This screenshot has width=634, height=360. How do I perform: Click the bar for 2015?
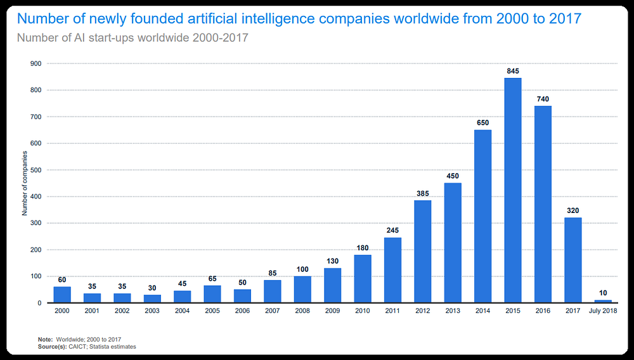pos(513,190)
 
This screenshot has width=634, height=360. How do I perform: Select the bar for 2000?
pos(62,295)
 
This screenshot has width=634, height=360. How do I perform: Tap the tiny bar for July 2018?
pos(603,302)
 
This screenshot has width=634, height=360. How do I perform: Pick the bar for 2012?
pos(422,252)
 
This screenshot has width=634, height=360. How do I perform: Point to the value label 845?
pos(513,71)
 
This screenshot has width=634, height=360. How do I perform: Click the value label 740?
pos(543,99)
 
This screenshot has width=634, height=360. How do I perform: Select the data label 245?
pos(392,230)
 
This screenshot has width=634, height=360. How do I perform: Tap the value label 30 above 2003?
pos(152,288)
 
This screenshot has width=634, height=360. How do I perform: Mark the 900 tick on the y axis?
pos(36,63)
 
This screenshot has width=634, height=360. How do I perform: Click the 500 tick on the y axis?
pos(36,170)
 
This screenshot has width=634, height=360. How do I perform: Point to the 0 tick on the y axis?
pos(39,303)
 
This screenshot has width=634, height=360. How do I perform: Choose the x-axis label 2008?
pos(302,311)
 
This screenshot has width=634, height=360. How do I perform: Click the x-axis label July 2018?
pos(603,311)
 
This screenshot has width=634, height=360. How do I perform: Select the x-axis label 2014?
pos(482,311)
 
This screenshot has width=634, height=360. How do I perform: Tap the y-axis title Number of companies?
pos(25,183)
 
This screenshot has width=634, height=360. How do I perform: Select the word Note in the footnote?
pos(45,339)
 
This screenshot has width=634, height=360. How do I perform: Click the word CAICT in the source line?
pos(77,347)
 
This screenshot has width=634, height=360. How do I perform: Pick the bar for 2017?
pos(573,260)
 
